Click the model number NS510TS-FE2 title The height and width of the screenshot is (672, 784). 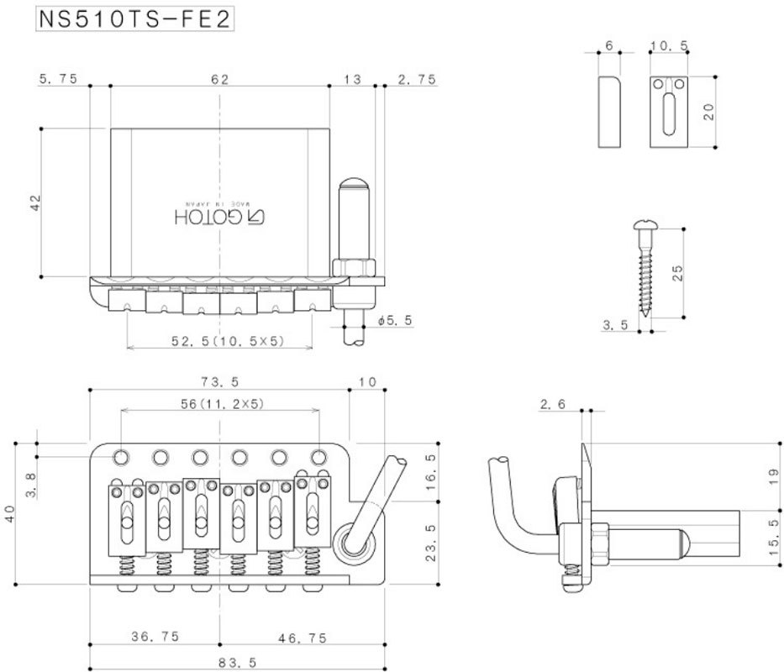(x=135, y=19)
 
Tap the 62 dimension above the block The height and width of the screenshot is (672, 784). (x=220, y=79)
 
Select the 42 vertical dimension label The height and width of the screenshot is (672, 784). (x=36, y=202)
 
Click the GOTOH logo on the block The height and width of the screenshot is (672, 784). (x=220, y=217)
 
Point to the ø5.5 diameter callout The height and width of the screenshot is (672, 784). (x=396, y=320)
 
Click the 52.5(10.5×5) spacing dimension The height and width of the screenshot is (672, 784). (x=228, y=340)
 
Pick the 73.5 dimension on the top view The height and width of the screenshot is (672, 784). (x=220, y=381)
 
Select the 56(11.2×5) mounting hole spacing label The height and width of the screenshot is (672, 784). (x=222, y=403)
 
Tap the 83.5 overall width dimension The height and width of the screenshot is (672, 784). (x=238, y=663)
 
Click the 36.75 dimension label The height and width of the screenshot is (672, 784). (x=155, y=637)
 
